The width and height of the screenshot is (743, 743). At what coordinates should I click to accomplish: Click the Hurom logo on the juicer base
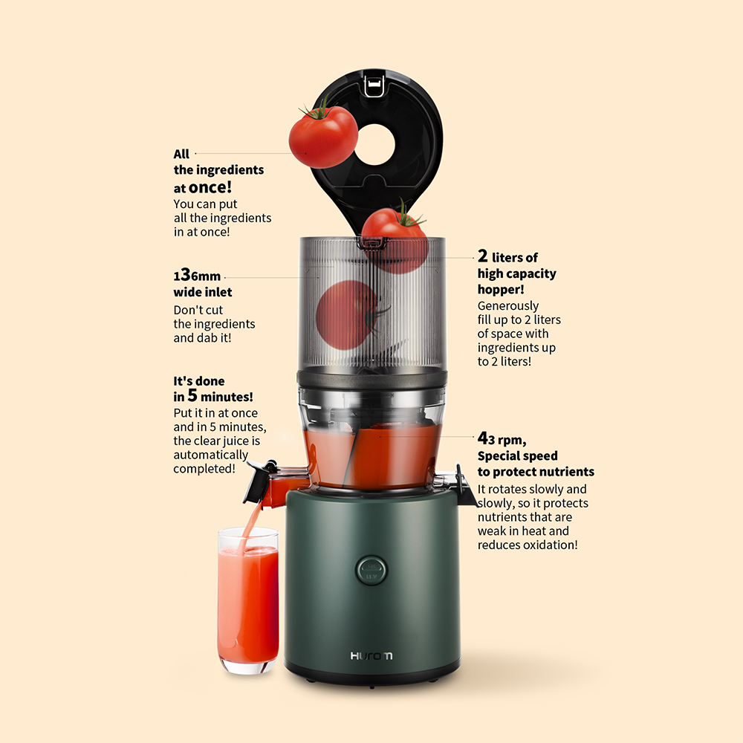click(x=371, y=656)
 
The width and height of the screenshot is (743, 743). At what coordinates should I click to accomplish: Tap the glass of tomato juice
click(x=248, y=600)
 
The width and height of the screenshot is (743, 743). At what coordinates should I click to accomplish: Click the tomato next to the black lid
click(x=323, y=136)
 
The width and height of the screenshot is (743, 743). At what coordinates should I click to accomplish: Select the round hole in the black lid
click(x=374, y=145)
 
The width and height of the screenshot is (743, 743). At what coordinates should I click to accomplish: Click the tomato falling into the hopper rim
click(x=395, y=240)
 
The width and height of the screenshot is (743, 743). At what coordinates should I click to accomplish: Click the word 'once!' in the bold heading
click(x=210, y=187)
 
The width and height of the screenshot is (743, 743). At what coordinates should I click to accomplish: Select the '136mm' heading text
click(x=197, y=275)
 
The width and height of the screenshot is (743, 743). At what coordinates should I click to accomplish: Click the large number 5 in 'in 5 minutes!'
click(x=192, y=395)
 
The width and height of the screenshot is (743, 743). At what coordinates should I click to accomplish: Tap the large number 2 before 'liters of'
click(x=482, y=256)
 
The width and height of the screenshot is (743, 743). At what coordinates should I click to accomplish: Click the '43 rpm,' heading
click(x=502, y=439)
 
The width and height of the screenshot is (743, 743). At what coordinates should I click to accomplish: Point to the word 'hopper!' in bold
click(x=501, y=289)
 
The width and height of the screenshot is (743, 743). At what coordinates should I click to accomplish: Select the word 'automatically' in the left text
click(x=210, y=455)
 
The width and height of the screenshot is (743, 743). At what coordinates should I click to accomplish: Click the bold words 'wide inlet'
click(x=203, y=292)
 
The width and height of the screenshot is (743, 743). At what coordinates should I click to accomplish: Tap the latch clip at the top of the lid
click(x=373, y=87)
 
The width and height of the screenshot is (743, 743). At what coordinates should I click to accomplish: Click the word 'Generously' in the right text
click(x=508, y=306)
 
